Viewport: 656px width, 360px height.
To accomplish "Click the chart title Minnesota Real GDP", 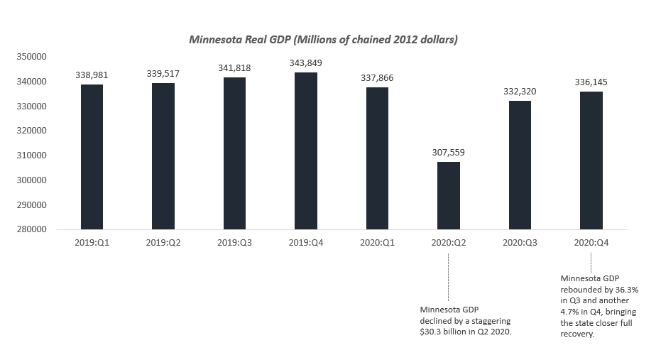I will (323, 40).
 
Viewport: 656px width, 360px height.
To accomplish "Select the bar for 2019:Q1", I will (92, 157).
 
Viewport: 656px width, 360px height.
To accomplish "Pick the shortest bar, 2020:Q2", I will (448, 195).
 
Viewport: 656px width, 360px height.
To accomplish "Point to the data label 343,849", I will (305, 63).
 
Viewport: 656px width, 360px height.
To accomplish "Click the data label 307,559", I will (448, 153).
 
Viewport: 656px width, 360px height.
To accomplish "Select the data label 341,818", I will (234, 68).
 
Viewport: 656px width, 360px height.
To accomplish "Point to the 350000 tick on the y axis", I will (32, 58).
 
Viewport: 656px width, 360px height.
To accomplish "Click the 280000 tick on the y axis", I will (32, 229).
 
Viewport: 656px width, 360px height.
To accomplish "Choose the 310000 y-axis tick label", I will (32, 156).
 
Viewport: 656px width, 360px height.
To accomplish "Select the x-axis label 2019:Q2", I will (163, 242).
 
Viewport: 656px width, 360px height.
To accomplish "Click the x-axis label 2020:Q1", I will (377, 242).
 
